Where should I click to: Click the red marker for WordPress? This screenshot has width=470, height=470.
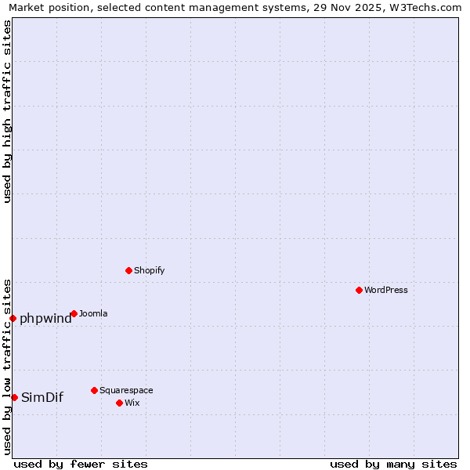pyautogui.click(x=359, y=290)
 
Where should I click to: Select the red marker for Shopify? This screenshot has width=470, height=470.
pyautogui.click(x=128, y=270)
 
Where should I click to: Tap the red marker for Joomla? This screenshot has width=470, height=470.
pyautogui.click(x=74, y=313)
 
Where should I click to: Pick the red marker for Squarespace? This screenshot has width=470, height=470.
pyautogui.click(x=94, y=390)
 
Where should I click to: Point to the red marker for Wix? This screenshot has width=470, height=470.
pyautogui.click(x=119, y=403)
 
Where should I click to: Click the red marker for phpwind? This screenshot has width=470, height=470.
pyautogui.click(x=13, y=318)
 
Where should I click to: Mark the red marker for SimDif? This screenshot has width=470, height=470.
pyautogui.click(x=14, y=397)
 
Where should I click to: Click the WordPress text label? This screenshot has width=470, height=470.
pyautogui.click(x=386, y=290)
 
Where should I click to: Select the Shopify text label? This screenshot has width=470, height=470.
pyautogui.click(x=149, y=270)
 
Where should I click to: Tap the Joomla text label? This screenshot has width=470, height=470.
pyautogui.click(x=93, y=313)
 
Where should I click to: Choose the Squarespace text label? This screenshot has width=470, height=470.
pyautogui.click(x=126, y=390)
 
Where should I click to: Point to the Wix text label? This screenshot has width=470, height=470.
pyautogui.click(x=132, y=403)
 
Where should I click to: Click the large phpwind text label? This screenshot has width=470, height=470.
pyautogui.click(x=45, y=318)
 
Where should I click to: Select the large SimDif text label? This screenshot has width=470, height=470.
pyautogui.click(x=42, y=397)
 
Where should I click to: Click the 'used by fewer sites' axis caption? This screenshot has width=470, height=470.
pyautogui.click(x=81, y=464)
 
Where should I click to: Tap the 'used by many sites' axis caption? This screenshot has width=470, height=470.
pyautogui.click(x=393, y=464)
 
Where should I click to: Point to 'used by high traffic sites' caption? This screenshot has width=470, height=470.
pyautogui.click(x=7, y=112)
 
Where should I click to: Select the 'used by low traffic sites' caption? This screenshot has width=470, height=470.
pyautogui.click(x=7, y=366)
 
